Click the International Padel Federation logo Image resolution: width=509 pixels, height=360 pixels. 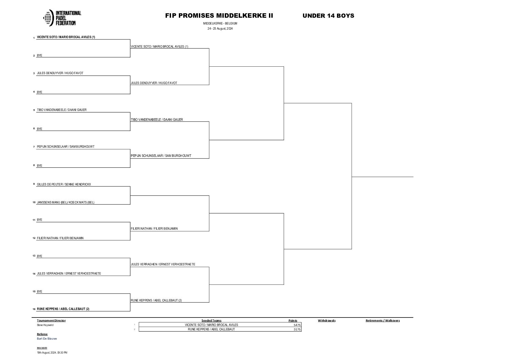(62, 18)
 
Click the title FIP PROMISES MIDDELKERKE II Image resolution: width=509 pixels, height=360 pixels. (219, 16)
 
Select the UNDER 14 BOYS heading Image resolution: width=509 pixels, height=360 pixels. (328, 16)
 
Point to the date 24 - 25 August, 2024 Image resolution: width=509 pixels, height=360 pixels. (220, 29)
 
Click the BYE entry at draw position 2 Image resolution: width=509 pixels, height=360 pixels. (40, 55)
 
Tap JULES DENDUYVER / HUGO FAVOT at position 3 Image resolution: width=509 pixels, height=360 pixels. (60, 73)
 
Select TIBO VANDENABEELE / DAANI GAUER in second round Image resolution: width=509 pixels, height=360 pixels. (157, 120)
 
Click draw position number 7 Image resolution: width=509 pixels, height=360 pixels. (34, 147)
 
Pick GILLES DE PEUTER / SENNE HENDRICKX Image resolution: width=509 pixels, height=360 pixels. (64, 184)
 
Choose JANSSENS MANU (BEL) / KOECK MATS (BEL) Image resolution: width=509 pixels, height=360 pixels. (66, 202)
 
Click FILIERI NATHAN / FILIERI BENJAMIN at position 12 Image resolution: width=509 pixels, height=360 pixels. (60, 238)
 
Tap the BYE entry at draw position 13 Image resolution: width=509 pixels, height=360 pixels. (40, 256)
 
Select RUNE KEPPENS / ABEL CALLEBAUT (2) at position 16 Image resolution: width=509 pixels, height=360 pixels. (63, 309)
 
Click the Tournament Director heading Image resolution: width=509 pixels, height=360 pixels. (51, 321)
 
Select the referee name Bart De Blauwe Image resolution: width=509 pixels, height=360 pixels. (47, 339)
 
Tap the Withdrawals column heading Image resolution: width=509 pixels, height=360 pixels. (326, 321)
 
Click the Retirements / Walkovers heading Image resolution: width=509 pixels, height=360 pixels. (383, 321)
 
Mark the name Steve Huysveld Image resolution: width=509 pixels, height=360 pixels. (45, 325)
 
